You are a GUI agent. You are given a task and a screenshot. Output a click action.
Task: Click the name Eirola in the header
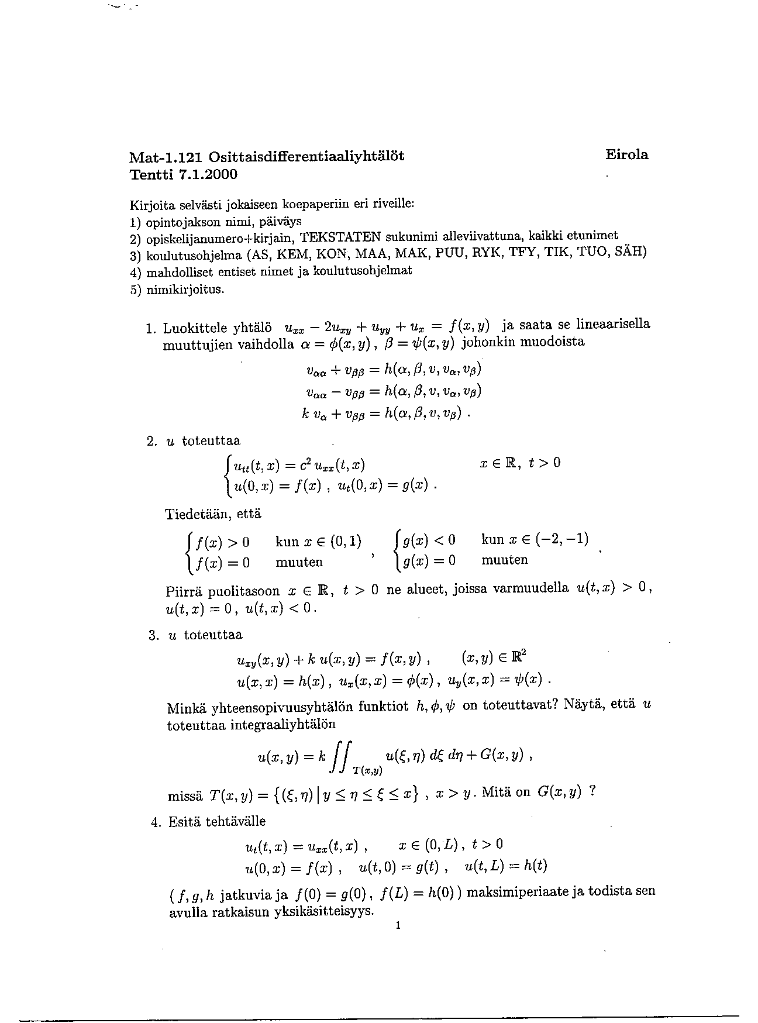point(626,155)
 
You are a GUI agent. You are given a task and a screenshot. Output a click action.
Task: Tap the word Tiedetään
point(196,515)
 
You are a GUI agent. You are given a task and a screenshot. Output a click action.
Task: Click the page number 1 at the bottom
point(397,925)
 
